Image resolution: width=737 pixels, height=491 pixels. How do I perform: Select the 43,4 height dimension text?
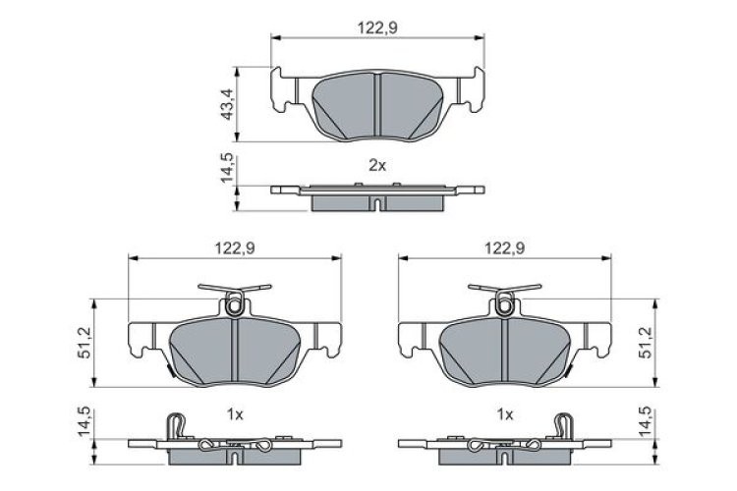point(227,103)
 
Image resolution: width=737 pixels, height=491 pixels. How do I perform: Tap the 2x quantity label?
point(377,166)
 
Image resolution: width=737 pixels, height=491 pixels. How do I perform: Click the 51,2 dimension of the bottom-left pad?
point(85,343)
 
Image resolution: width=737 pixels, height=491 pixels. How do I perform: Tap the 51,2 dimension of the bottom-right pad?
point(647,343)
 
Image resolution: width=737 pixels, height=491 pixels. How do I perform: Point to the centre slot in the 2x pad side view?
point(378,203)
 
